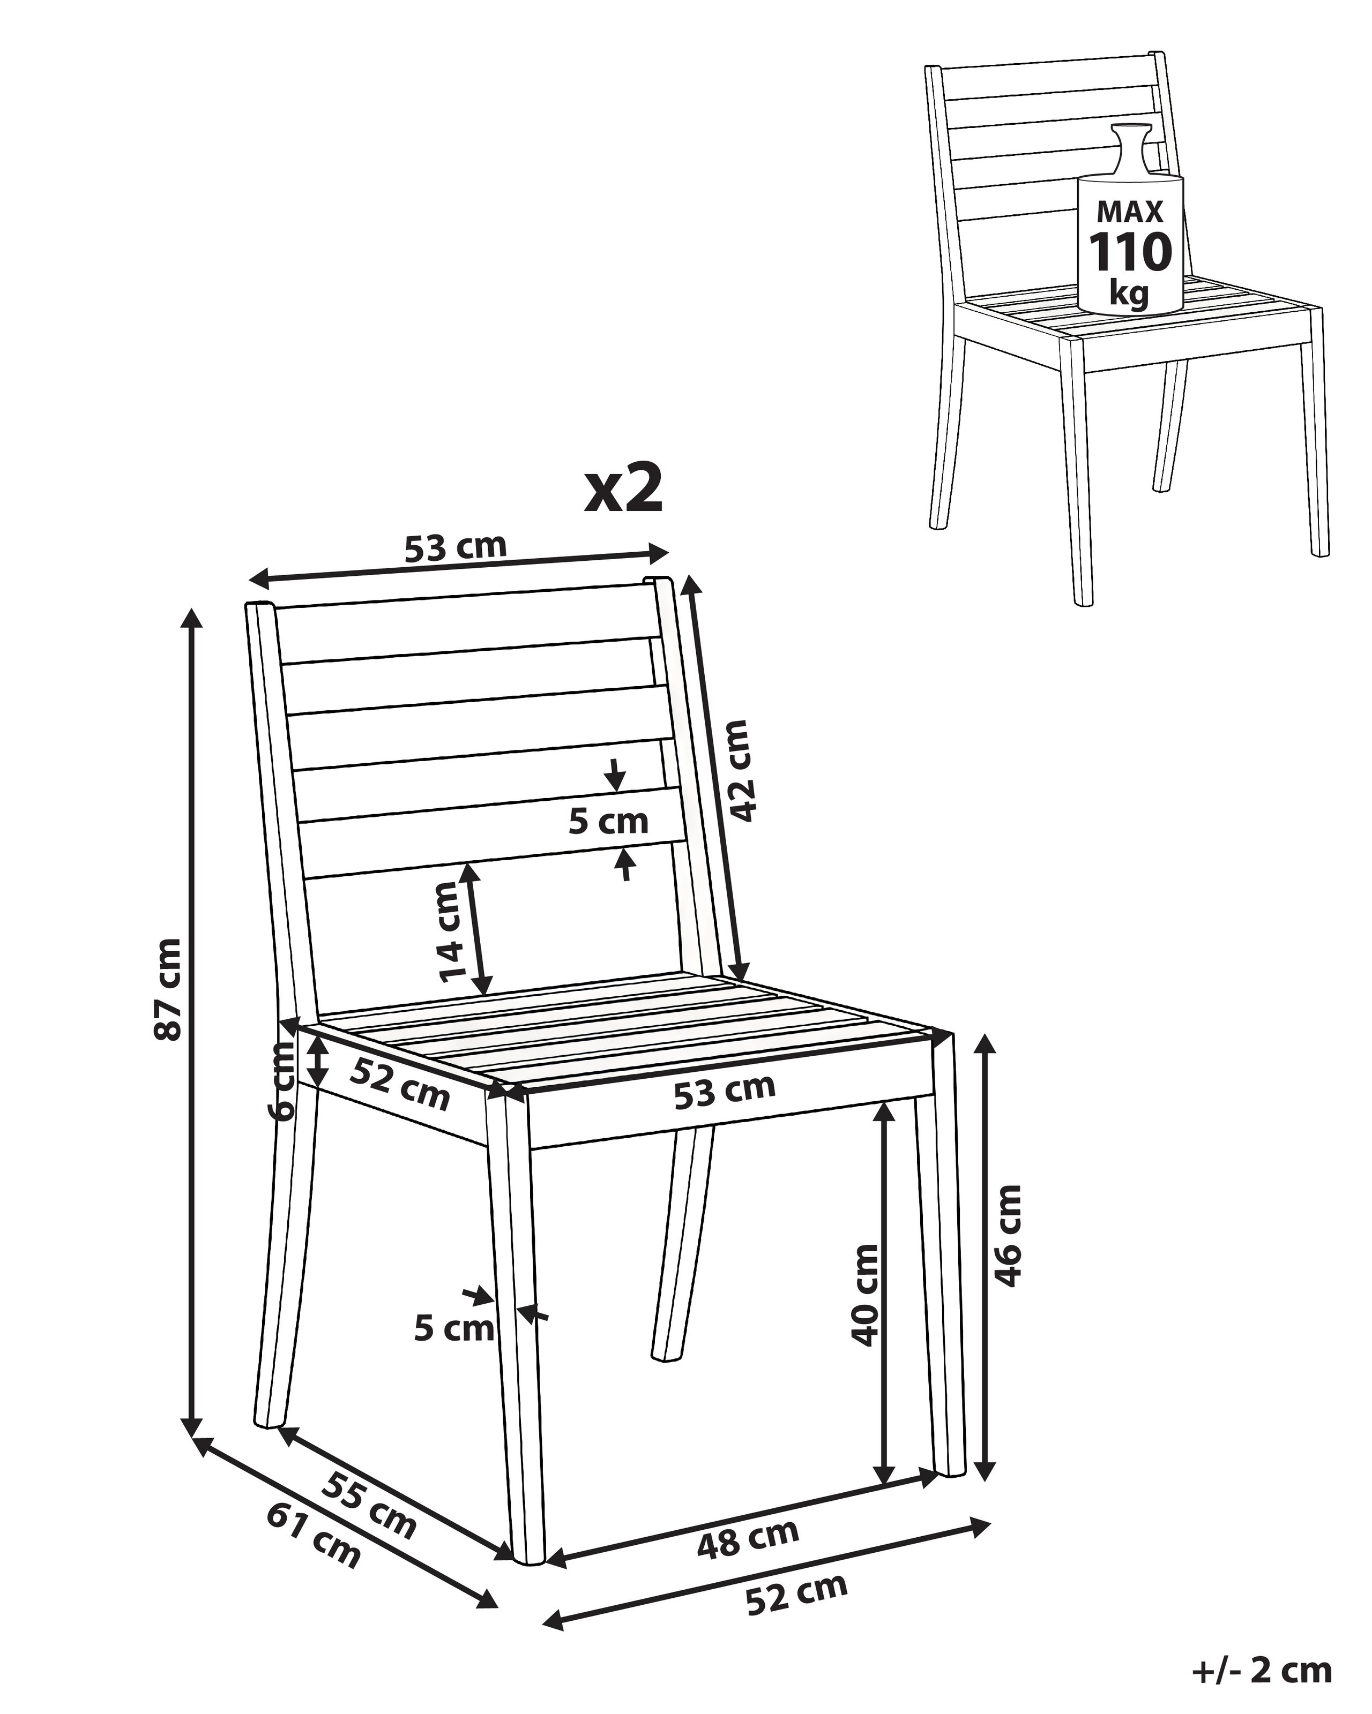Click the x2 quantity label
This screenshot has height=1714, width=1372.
pyautogui.click(x=623, y=489)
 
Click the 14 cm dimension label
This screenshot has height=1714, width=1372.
pyautogui.click(x=452, y=932)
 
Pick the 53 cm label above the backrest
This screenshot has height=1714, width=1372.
pyautogui.click(x=455, y=548)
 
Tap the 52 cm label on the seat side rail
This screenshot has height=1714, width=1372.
pyautogui.click(x=400, y=1084)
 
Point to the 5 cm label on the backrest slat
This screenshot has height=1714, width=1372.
pyautogui.click(x=608, y=821)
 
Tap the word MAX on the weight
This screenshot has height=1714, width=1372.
pyautogui.click(x=1130, y=212)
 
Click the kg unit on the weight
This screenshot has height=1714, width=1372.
pyautogui.click(x=1129, y=294)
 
